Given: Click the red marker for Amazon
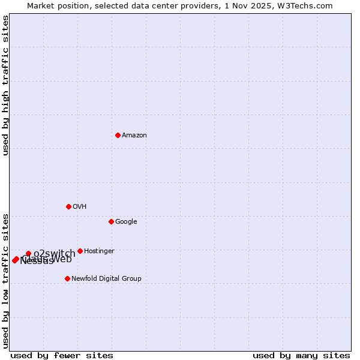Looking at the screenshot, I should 118,135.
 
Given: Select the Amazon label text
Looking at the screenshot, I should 134,136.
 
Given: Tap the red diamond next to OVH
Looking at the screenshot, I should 68,206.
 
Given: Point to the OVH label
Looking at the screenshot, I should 80,207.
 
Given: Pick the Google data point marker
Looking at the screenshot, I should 111,221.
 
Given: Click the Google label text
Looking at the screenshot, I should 126,222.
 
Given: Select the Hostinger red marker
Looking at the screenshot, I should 80,251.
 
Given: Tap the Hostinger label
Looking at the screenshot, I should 99,251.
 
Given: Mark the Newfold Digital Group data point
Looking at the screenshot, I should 67,278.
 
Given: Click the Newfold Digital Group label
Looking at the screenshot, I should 106,279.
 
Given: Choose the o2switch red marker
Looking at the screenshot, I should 28,253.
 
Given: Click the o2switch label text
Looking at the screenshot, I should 55,254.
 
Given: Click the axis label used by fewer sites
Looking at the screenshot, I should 62,355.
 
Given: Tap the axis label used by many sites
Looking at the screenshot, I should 301,355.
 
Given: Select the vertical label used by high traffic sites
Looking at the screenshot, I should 5,85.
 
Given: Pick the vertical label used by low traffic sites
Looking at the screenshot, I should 5,280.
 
